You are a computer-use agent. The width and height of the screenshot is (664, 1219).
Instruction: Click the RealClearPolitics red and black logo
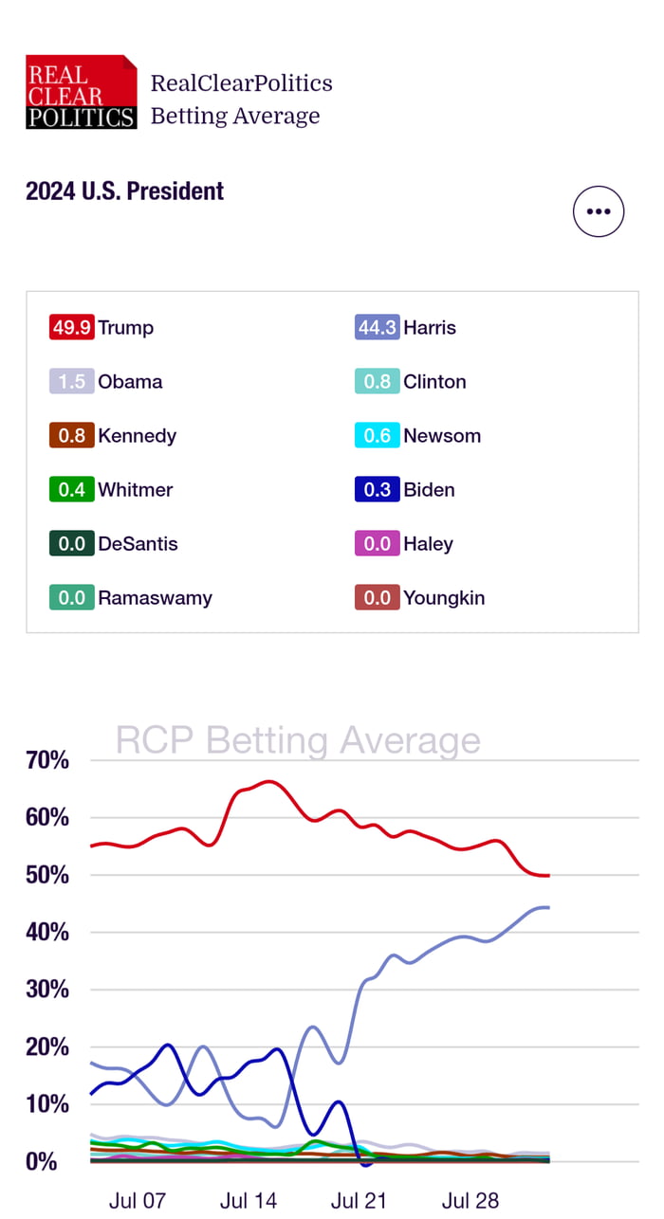82,92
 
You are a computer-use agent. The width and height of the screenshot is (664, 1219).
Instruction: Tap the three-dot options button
599,211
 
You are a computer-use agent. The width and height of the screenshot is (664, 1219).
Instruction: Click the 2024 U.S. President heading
124,191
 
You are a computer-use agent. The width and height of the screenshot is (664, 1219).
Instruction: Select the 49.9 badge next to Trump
71,328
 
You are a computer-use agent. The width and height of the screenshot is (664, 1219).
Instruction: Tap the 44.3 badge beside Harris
377,328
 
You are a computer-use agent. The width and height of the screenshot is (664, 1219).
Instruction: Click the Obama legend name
130,382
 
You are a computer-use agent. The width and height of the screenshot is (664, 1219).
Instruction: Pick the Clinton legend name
434,382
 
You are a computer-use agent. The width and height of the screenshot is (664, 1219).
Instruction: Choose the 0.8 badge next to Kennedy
71,436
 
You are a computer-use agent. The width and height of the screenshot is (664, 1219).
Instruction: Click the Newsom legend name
442,436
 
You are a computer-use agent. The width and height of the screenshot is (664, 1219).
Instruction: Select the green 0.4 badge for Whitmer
71,490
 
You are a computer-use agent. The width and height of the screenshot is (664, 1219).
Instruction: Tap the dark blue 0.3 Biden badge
377,490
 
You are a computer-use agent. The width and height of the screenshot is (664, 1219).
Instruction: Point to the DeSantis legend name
138,544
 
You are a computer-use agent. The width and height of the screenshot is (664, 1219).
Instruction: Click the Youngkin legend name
444,598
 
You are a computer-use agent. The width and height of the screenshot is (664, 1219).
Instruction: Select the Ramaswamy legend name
156,598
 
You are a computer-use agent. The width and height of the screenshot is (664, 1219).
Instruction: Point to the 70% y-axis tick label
47,760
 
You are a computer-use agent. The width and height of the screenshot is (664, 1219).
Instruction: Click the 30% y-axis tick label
47,990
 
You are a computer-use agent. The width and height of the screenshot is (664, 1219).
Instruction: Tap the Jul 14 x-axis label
249,1201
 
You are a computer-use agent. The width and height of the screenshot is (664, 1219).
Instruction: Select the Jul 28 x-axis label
470,1201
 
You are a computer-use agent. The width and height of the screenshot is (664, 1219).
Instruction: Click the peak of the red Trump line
268,782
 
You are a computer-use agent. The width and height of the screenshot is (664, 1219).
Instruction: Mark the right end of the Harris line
548,907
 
